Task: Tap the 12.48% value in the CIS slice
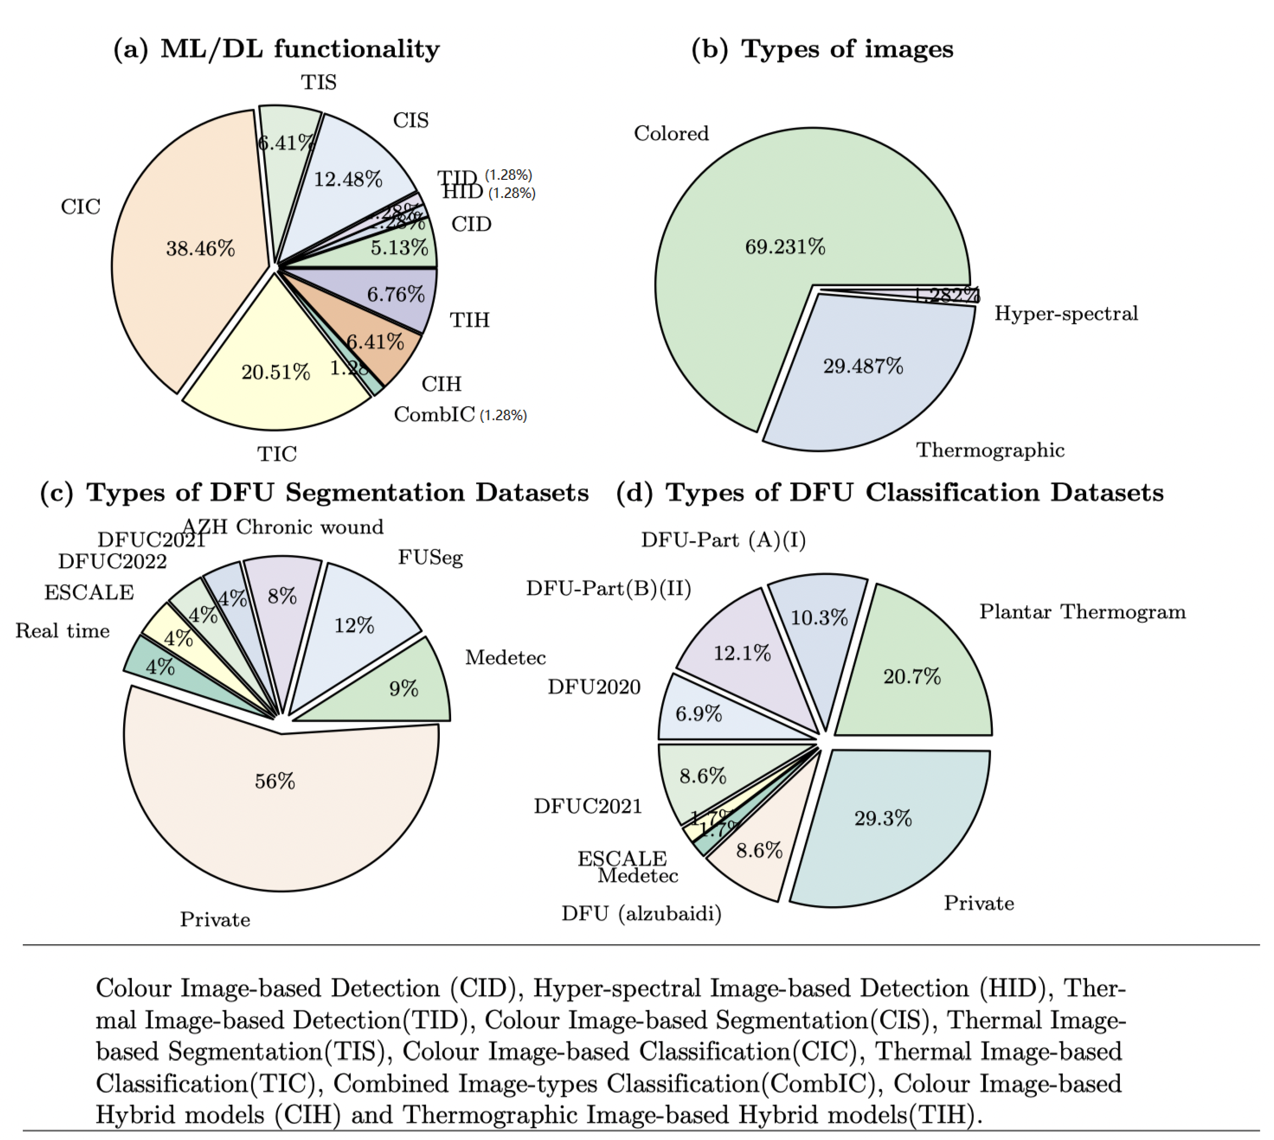(x=348, y=180)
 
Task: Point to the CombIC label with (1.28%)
(x=459, y=415)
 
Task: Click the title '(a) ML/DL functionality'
(x=276, y=49)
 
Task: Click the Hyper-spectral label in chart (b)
(x=1065, y=313)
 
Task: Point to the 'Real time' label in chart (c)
(x=63, y=631)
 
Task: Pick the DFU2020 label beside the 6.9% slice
(x=594, y=687)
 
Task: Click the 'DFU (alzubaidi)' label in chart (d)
(x=641, y=914)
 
